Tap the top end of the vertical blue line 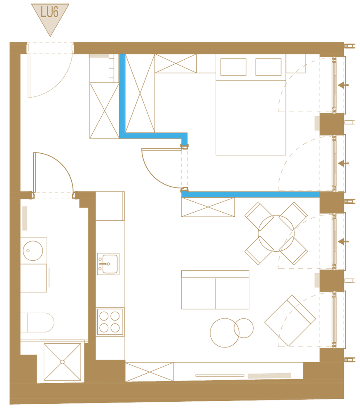pos(122,55)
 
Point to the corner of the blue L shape pos(123,135)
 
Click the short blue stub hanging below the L pos(184,141)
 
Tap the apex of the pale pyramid pos(186,103)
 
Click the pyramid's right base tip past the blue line pos(200,132)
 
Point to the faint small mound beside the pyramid pos(143,123)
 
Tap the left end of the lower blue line pos(183,194)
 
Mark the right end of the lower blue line pos(318,194)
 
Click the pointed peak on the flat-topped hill pos(209,171)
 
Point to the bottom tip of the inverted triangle pos(50,35)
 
